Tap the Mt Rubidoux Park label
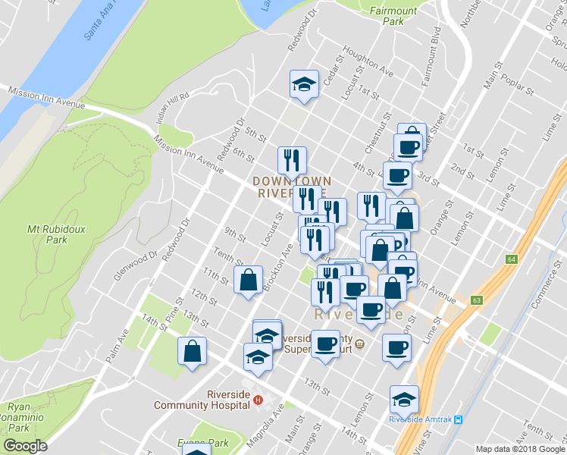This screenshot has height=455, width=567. [47, 234]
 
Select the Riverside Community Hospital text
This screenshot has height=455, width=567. [202, 400]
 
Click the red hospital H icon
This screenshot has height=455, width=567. [258, 400]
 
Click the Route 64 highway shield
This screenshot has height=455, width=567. [512, 259]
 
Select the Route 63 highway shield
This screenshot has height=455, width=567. [476, 300]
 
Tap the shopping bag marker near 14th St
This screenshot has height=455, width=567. [193, 350]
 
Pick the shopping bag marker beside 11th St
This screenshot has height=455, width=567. [248, 280]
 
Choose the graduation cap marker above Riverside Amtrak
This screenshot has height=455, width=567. [404, 398]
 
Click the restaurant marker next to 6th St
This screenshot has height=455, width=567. [292, 160]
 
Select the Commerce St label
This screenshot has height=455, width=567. [546, 292]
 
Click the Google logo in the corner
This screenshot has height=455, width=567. [25, 446]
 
